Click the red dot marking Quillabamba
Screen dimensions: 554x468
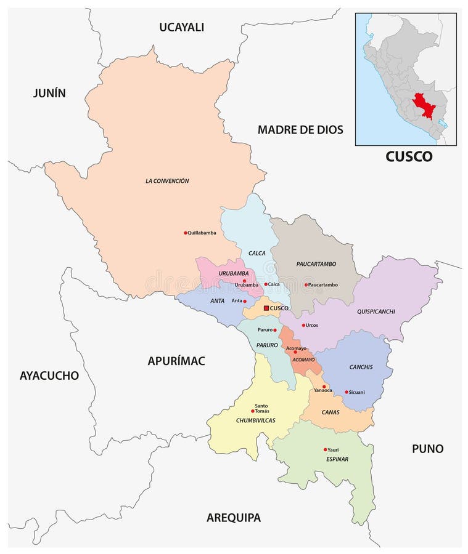186,233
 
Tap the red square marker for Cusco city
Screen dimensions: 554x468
266,308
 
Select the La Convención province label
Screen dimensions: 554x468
167,181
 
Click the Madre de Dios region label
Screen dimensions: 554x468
300,129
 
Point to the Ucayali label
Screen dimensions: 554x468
181,27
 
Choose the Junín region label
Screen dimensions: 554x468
49,93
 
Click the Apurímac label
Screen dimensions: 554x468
176,361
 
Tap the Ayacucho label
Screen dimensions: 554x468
49,375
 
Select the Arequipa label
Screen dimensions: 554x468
233,518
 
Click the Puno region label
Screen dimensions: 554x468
427,449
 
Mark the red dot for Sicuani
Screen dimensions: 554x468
347,392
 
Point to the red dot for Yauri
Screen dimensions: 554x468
326,450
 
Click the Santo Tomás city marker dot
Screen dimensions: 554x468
253,411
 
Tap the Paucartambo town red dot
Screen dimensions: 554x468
305,284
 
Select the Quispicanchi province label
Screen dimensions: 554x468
376,311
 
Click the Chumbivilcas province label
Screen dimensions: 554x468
255,420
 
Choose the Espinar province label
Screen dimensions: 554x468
337,459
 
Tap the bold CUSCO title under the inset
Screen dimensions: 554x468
409,156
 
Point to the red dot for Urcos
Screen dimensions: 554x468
303,325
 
